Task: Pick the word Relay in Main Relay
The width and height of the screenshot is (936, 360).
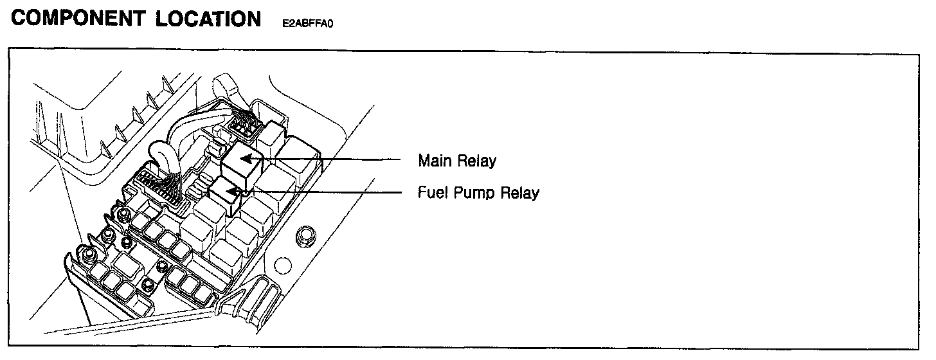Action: point(476,160)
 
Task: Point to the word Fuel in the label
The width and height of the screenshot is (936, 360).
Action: point(431,192)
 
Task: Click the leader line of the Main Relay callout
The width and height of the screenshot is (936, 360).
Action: point(334,157)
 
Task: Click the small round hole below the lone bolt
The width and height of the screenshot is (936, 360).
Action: point(280,264)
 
